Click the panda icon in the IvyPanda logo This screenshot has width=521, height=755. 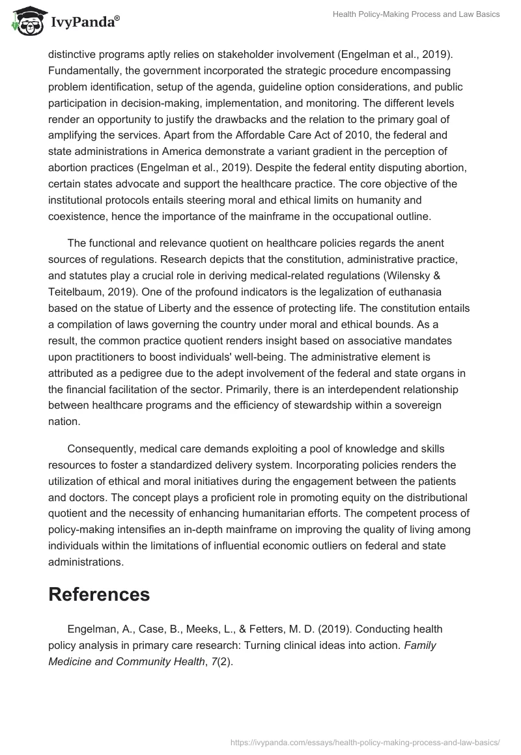click(25, 21)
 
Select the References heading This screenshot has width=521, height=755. click(99, 594)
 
